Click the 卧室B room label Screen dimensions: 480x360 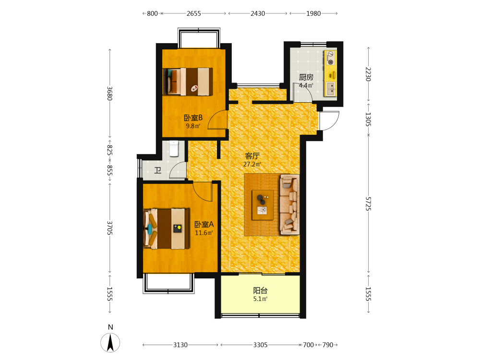point(193,118)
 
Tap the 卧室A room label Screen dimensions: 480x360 point(204,224)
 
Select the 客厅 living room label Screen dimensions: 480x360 point(252,156)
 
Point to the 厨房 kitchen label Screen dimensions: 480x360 point(306,77)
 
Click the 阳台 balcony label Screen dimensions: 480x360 point(260,290)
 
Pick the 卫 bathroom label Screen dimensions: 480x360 point(158,170)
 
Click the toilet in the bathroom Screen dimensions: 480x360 point(174,148)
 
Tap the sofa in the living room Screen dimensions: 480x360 point(289,204)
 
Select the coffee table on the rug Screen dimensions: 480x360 point(263,205)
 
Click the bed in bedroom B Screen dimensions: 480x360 point(188,82)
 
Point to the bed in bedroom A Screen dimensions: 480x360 point(167,228)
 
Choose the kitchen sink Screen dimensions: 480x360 point(331,89)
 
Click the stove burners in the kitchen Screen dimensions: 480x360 point(331,58)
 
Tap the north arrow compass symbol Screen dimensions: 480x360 point(110,342)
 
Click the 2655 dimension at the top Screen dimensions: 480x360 point(194,13)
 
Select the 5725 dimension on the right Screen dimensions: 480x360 point(368,204)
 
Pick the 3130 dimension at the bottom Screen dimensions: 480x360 point(180,345)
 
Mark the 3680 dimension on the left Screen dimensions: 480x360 point(109,94)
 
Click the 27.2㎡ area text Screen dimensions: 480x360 point(252,164)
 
